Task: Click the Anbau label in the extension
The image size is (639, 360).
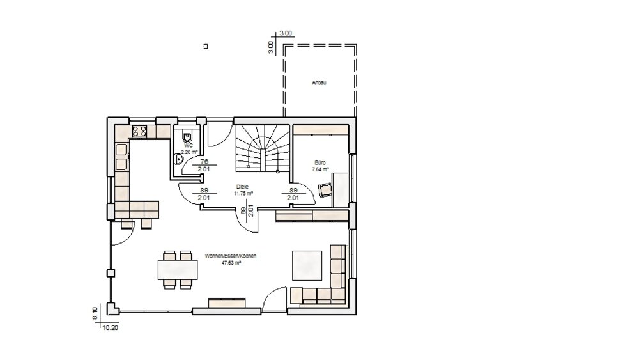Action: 319,82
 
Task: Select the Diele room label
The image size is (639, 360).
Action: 243,186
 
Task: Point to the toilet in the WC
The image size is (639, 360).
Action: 188,136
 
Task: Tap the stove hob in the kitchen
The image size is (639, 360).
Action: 140,132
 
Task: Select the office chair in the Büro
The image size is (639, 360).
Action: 325,189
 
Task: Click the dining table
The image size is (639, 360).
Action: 179,269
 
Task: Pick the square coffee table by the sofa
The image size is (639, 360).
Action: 307,265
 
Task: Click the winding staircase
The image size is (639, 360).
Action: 262,150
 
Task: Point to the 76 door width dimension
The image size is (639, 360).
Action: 205,162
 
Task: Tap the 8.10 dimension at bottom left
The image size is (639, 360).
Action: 95,313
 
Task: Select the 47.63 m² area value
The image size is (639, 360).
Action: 230,262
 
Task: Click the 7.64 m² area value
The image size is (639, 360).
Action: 320,169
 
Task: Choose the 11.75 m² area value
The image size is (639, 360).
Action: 243,192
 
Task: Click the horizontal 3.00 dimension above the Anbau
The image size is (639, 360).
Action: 286,33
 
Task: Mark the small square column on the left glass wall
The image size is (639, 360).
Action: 111,272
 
